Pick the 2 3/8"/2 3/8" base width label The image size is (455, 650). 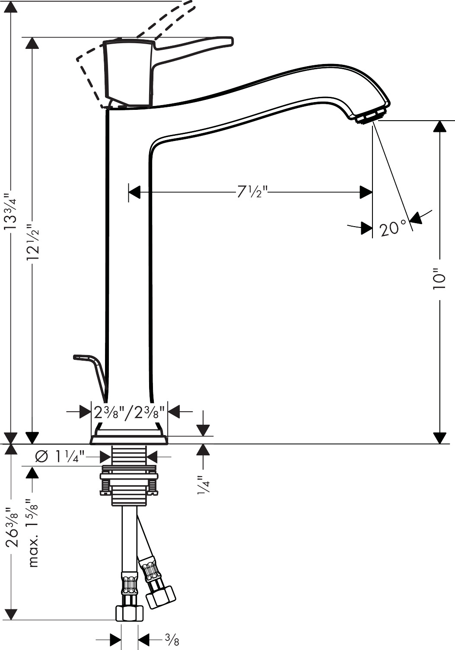[129, 412]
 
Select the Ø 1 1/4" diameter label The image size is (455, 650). [60, 457]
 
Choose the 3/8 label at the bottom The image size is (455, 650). [172, 639]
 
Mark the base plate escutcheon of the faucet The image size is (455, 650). [129, 440]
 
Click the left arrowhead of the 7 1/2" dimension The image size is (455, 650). [134, 192]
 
